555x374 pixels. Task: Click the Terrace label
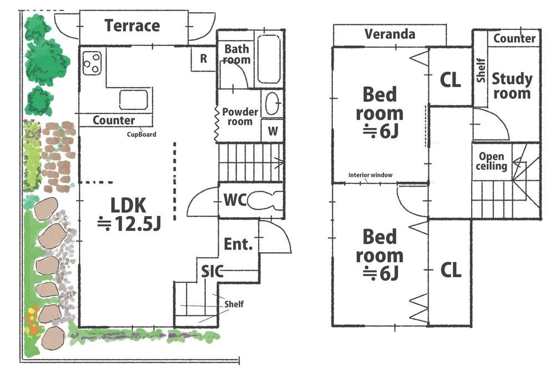click(x=133, y=26)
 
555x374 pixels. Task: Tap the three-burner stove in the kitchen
click(x=92, y=63)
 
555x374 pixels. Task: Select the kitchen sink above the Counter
click(x=133, y=100)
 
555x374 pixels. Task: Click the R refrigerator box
click(x=203, y=58)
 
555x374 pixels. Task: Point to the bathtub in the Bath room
click(x=269, y=59)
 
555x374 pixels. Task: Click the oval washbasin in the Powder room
click(x=273, y=103)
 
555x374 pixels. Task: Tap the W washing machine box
click(x=273, y=131)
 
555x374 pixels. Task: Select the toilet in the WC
click(x=265, y=201)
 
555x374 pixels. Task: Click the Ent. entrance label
click(x=238, y=244)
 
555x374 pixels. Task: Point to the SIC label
click(x=212, y=271)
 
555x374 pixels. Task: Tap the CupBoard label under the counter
click(x=142, y=134)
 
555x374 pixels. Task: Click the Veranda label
click(x=390, y=34)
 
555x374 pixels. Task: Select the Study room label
click(x=512, y=86)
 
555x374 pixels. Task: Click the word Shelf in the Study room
click(x=481, y=70)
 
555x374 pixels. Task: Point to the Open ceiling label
click(x=491, y=161)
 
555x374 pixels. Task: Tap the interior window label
click(x=370, y=175)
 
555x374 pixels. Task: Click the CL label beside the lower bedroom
click(x=451, y=270)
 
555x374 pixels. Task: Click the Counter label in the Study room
click(x=514, y=38)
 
